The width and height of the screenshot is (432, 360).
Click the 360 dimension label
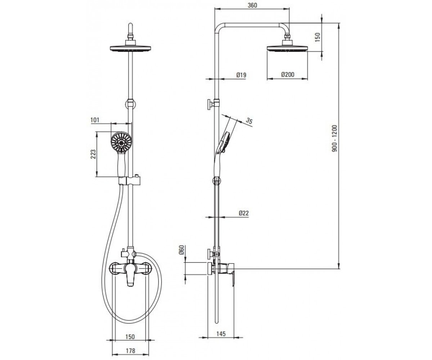point(252,5)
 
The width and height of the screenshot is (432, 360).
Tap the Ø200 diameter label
point(288,74)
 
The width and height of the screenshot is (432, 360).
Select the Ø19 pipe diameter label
point(242,75)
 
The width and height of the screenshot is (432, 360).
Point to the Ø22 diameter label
point(244,213)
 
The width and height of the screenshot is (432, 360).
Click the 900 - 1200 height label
point(334,138)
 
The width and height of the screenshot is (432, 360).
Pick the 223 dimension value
point(93,154)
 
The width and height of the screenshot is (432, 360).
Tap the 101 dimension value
point(95,120)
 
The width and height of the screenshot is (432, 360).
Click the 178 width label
point(130,351)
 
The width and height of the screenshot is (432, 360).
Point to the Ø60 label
point(181,250)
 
